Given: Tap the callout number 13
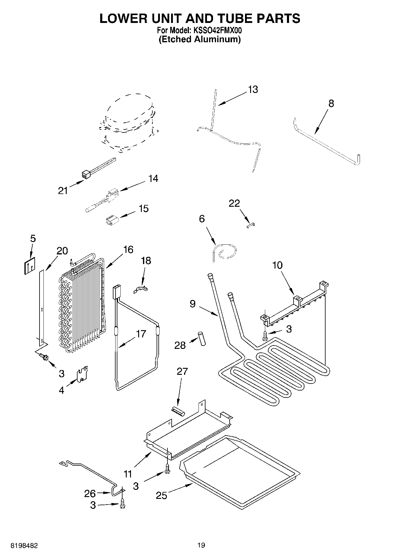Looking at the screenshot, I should click(x=253, y=89).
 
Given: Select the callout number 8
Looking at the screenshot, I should click(x=331, y=104).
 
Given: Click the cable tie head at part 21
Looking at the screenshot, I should click(x=85, y=174).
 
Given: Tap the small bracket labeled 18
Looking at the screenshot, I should click(x=141, y=290).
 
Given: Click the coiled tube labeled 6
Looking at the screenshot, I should click(x=225, y=251).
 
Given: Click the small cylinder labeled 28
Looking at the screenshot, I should click(x=201, y=338).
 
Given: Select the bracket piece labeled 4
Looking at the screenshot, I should click(x=82, y=374).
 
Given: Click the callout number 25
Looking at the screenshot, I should click(x=161, y=495).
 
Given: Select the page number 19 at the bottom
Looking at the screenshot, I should click(x=201, y=545).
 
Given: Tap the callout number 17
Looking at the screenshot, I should click(x=141, y=334).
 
